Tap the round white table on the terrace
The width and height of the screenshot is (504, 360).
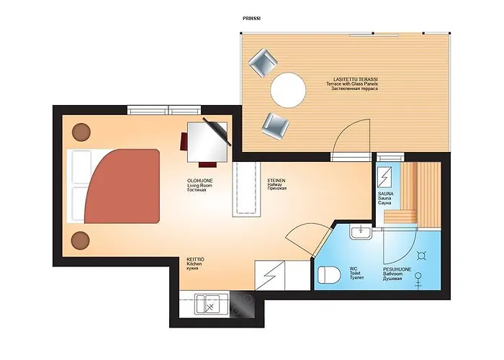(x=288, y=90)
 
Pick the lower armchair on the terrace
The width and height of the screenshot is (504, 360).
(x=274, y=127)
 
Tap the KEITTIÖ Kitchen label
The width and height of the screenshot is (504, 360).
(x=196, y=262)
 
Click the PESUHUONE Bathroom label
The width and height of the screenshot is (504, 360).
(x=397, y=274)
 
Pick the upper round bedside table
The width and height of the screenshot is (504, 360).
(x=81, y=132)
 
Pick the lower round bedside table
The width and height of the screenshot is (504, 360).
(x=81, y=239)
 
